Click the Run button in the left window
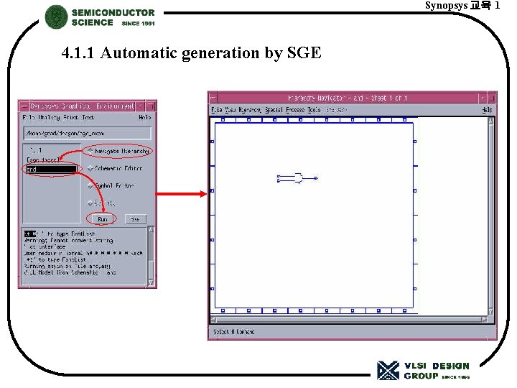coord(102,218)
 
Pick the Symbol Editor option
coord(115,185)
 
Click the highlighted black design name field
coord(50,170)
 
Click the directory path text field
coord(87,133)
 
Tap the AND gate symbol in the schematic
coord(294,177)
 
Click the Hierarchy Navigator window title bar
coord(352,98)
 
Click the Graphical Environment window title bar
coord(87,106)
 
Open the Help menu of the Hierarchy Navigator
coord(487,110)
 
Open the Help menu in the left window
coord(144,117)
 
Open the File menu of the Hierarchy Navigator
coord(217,110)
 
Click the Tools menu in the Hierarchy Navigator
coord(314,110)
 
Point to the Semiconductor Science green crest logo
coord(56,17)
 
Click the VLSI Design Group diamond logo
coord(388,370)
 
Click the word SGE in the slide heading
coord(304,52)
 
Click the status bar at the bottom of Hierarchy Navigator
coord(352,332)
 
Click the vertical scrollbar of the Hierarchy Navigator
coord(492,216)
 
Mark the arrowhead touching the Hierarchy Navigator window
coord(203,193)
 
